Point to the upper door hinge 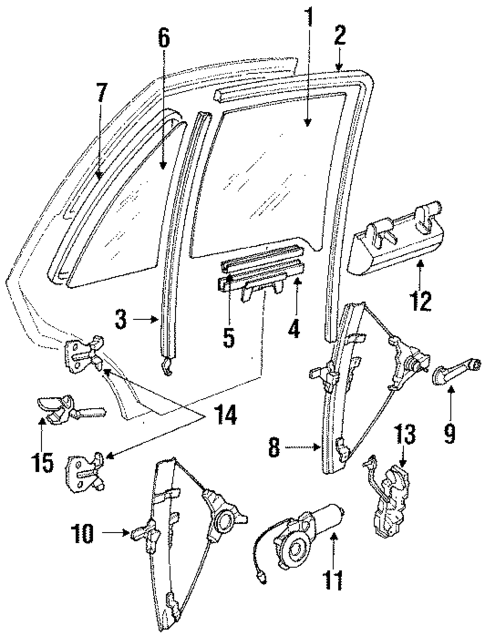pyautogui.click(x=85, y=353)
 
